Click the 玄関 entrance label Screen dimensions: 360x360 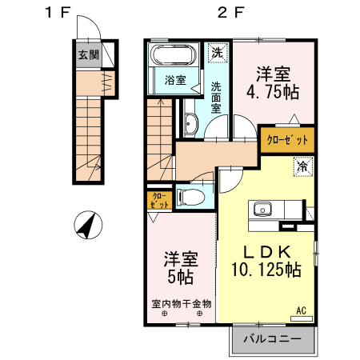[x=89, y=55]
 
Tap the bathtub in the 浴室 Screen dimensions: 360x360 [x=174, y=55]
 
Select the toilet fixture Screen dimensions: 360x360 [x=190, y=197]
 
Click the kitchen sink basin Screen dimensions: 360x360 [x=262, y=209]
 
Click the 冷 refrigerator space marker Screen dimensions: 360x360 [x=303, y=167]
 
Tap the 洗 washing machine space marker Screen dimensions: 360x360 [x=218, y=53]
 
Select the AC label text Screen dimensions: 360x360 [x=302, y=310]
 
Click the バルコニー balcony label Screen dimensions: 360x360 [x=272, y=338]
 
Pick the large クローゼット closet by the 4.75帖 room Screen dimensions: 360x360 [x=287, y=140]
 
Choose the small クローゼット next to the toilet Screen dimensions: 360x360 [x=159, y=200]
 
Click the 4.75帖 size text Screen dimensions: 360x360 [x=273, y=93]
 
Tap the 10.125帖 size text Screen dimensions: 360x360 [x=266, y=270]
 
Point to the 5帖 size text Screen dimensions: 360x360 [x=181, y=278]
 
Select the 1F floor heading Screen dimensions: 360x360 [x=58, y=12]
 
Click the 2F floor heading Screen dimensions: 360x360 [x=231, y=12]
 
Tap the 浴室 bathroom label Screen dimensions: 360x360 [x=175, y=80]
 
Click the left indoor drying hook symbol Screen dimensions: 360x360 [x=165, y=314]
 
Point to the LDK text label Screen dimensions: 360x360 [x=267, y=252]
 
